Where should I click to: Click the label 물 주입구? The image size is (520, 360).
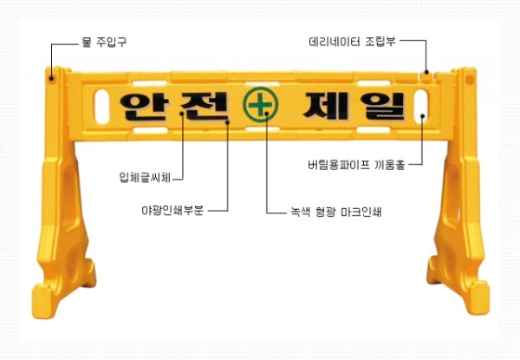click(x=104, y=43)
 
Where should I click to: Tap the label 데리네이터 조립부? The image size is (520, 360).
click(x=352, y=42)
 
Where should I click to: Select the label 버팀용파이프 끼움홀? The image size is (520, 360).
click(x=356, y=165)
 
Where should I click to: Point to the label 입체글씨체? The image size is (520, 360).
click(x=145, y=178)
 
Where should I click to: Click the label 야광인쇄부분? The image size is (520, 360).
click(x=172, y=210)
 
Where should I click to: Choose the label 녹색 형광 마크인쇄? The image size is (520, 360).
click(x=336, y=212)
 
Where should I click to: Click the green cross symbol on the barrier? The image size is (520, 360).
click(x=261, y=104)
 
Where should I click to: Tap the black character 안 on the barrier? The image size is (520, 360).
click(x=142, y=106)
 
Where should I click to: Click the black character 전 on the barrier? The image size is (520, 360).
click(x=205, y=106)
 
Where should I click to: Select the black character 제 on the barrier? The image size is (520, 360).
click(x=325, y=106)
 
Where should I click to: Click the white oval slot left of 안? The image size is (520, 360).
click(x=102, y=107)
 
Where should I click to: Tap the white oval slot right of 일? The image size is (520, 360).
click(x=421, y=106)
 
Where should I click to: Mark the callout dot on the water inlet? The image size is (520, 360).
click(x=51, y=78)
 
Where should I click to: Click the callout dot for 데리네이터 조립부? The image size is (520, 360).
click(x=426, y=72)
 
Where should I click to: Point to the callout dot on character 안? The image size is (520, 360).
click(x=182, y=114)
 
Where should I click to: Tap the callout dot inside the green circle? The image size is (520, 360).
click(x=267, y=114)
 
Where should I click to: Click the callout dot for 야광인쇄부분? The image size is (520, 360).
click(x=227, y=122)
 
